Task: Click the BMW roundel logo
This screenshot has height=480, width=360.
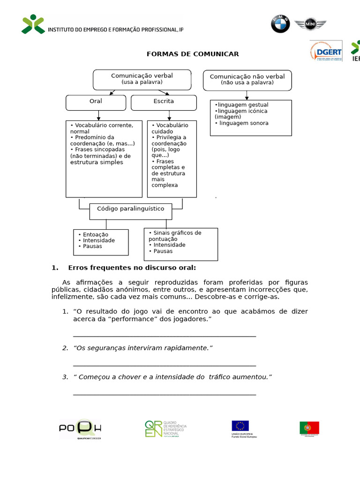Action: (x=280, y=24)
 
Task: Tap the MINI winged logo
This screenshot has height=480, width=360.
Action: (x=310, y=24)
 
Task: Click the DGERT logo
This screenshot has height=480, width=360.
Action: (x=326, y=51)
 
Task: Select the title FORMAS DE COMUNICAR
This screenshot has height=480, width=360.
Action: (x=193, y=54)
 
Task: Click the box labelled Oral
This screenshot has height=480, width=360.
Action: (x=96, y=102)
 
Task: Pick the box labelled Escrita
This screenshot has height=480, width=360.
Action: (x=164, y=102)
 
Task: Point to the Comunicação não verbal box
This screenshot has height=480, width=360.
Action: (x=247, y=80)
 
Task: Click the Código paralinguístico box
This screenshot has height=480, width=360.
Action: (x=130, y=209)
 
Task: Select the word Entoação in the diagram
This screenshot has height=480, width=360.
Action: (x=96, y=234)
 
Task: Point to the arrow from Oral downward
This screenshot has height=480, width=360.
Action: (x=98, y=115)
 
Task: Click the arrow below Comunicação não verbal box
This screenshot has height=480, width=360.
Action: (x=247, y=95)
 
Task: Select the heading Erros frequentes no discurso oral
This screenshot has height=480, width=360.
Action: (x=132, y=268)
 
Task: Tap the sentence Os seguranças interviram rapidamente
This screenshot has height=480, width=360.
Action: (x=143, y=348)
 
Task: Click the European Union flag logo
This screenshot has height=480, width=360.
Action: (x=240, y=426)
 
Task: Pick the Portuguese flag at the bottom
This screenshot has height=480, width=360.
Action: (x=309, y=427)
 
